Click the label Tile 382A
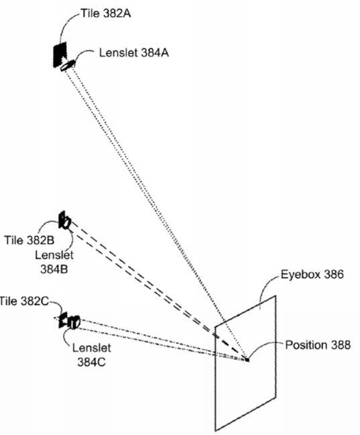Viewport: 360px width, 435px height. [x=106, y=13]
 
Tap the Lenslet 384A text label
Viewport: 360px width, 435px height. [x=134, y=53]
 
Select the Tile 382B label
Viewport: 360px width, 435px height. [x=29, y=240]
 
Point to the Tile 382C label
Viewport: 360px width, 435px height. [x=24, y=301]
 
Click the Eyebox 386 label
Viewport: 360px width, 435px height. [x=312, y=275]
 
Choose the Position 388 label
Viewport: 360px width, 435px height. [x=318, y=345]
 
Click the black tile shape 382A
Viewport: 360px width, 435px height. [x=60, y=54]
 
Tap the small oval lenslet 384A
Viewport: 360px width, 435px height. [x=68, y=66]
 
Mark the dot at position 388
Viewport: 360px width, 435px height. [x=247, y=360]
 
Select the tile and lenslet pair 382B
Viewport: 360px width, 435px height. [x=64, y=221]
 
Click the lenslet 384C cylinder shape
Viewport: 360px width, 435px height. [x=74, y=322]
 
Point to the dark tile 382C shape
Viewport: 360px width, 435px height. [x=63, y=320]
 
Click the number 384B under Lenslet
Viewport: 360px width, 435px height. [x=54, y=269]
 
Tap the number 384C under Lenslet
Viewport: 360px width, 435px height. [x=91, y=362]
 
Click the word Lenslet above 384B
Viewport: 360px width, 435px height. [x=54, y=255]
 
